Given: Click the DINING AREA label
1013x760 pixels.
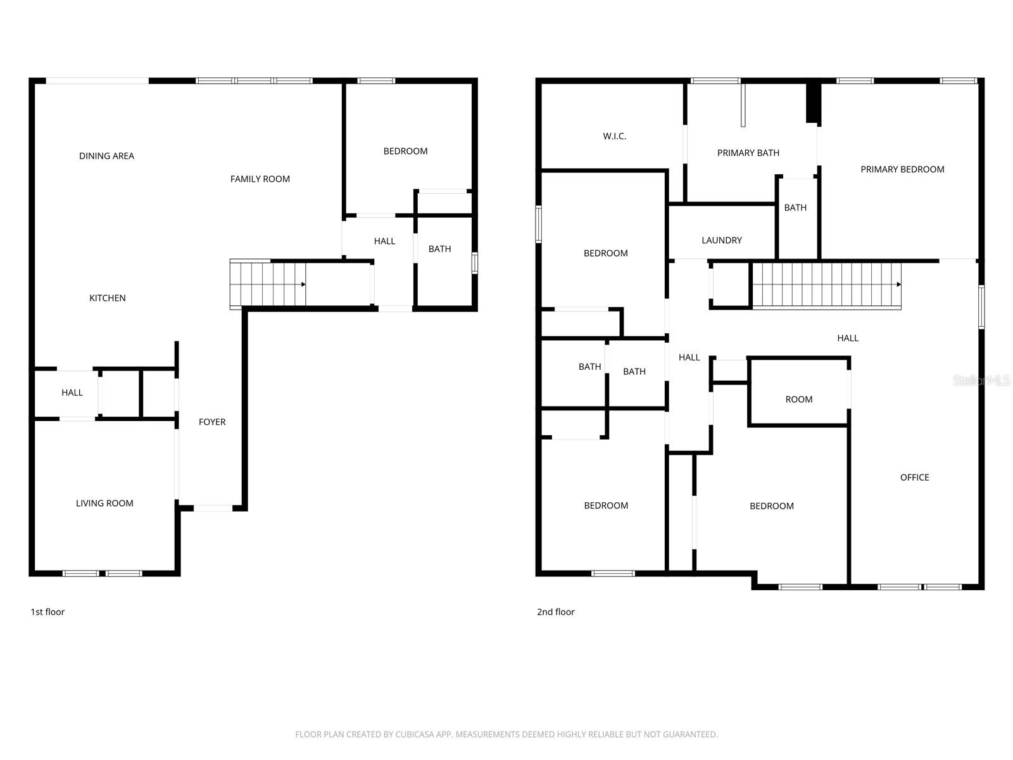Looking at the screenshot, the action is pos(106,156).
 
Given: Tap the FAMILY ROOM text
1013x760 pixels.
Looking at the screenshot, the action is pos(260,179).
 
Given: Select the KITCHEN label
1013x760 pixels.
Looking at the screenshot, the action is pos(108,298).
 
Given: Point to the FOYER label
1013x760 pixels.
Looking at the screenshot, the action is pos(212,422).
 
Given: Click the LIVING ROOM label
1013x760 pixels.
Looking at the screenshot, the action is pos(104,503).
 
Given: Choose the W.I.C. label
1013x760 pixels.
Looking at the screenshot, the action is pos(614,136).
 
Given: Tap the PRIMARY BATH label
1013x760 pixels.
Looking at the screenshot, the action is pos(748,153).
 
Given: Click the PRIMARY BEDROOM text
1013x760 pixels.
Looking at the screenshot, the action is pos(902,169).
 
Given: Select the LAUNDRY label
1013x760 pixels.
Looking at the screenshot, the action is pos(721,241).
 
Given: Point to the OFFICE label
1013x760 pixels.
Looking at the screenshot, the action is pos(914,478).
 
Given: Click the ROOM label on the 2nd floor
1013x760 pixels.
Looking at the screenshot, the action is pos(799,400).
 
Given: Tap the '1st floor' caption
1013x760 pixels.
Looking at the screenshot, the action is pos(47,612).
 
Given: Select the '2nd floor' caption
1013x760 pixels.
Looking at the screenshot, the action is pos(556,612).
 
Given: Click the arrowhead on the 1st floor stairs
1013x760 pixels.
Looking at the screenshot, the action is pos(303,284).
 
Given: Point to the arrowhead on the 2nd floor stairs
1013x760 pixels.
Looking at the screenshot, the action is pos(898,284).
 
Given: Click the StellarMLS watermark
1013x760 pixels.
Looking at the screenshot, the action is pos(981,380).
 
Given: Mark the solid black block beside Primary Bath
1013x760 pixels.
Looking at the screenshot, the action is pos(813,103).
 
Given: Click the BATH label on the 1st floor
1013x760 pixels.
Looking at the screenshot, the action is pos(439,249).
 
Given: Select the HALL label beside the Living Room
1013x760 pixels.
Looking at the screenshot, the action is pos(72,393).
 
